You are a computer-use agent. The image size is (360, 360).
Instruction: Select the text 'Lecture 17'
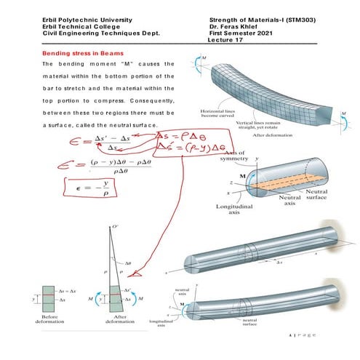(227, 40)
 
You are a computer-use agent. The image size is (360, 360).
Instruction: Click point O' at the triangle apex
(116, 228)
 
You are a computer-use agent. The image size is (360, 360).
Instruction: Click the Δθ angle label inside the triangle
(127, 263)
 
